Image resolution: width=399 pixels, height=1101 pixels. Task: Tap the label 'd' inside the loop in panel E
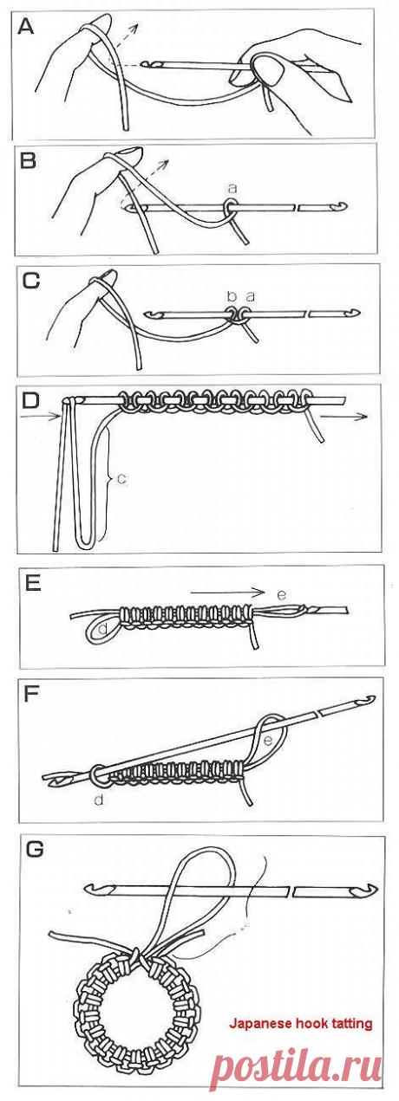pos(103,630)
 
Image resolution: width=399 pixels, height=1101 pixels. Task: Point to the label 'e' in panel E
pos(279,595)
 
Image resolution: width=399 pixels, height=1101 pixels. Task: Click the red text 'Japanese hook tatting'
pos(300,1023)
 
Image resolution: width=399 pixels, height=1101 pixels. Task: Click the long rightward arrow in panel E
pos(227,593)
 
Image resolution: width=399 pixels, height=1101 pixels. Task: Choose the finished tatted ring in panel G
pos(133,1005)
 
